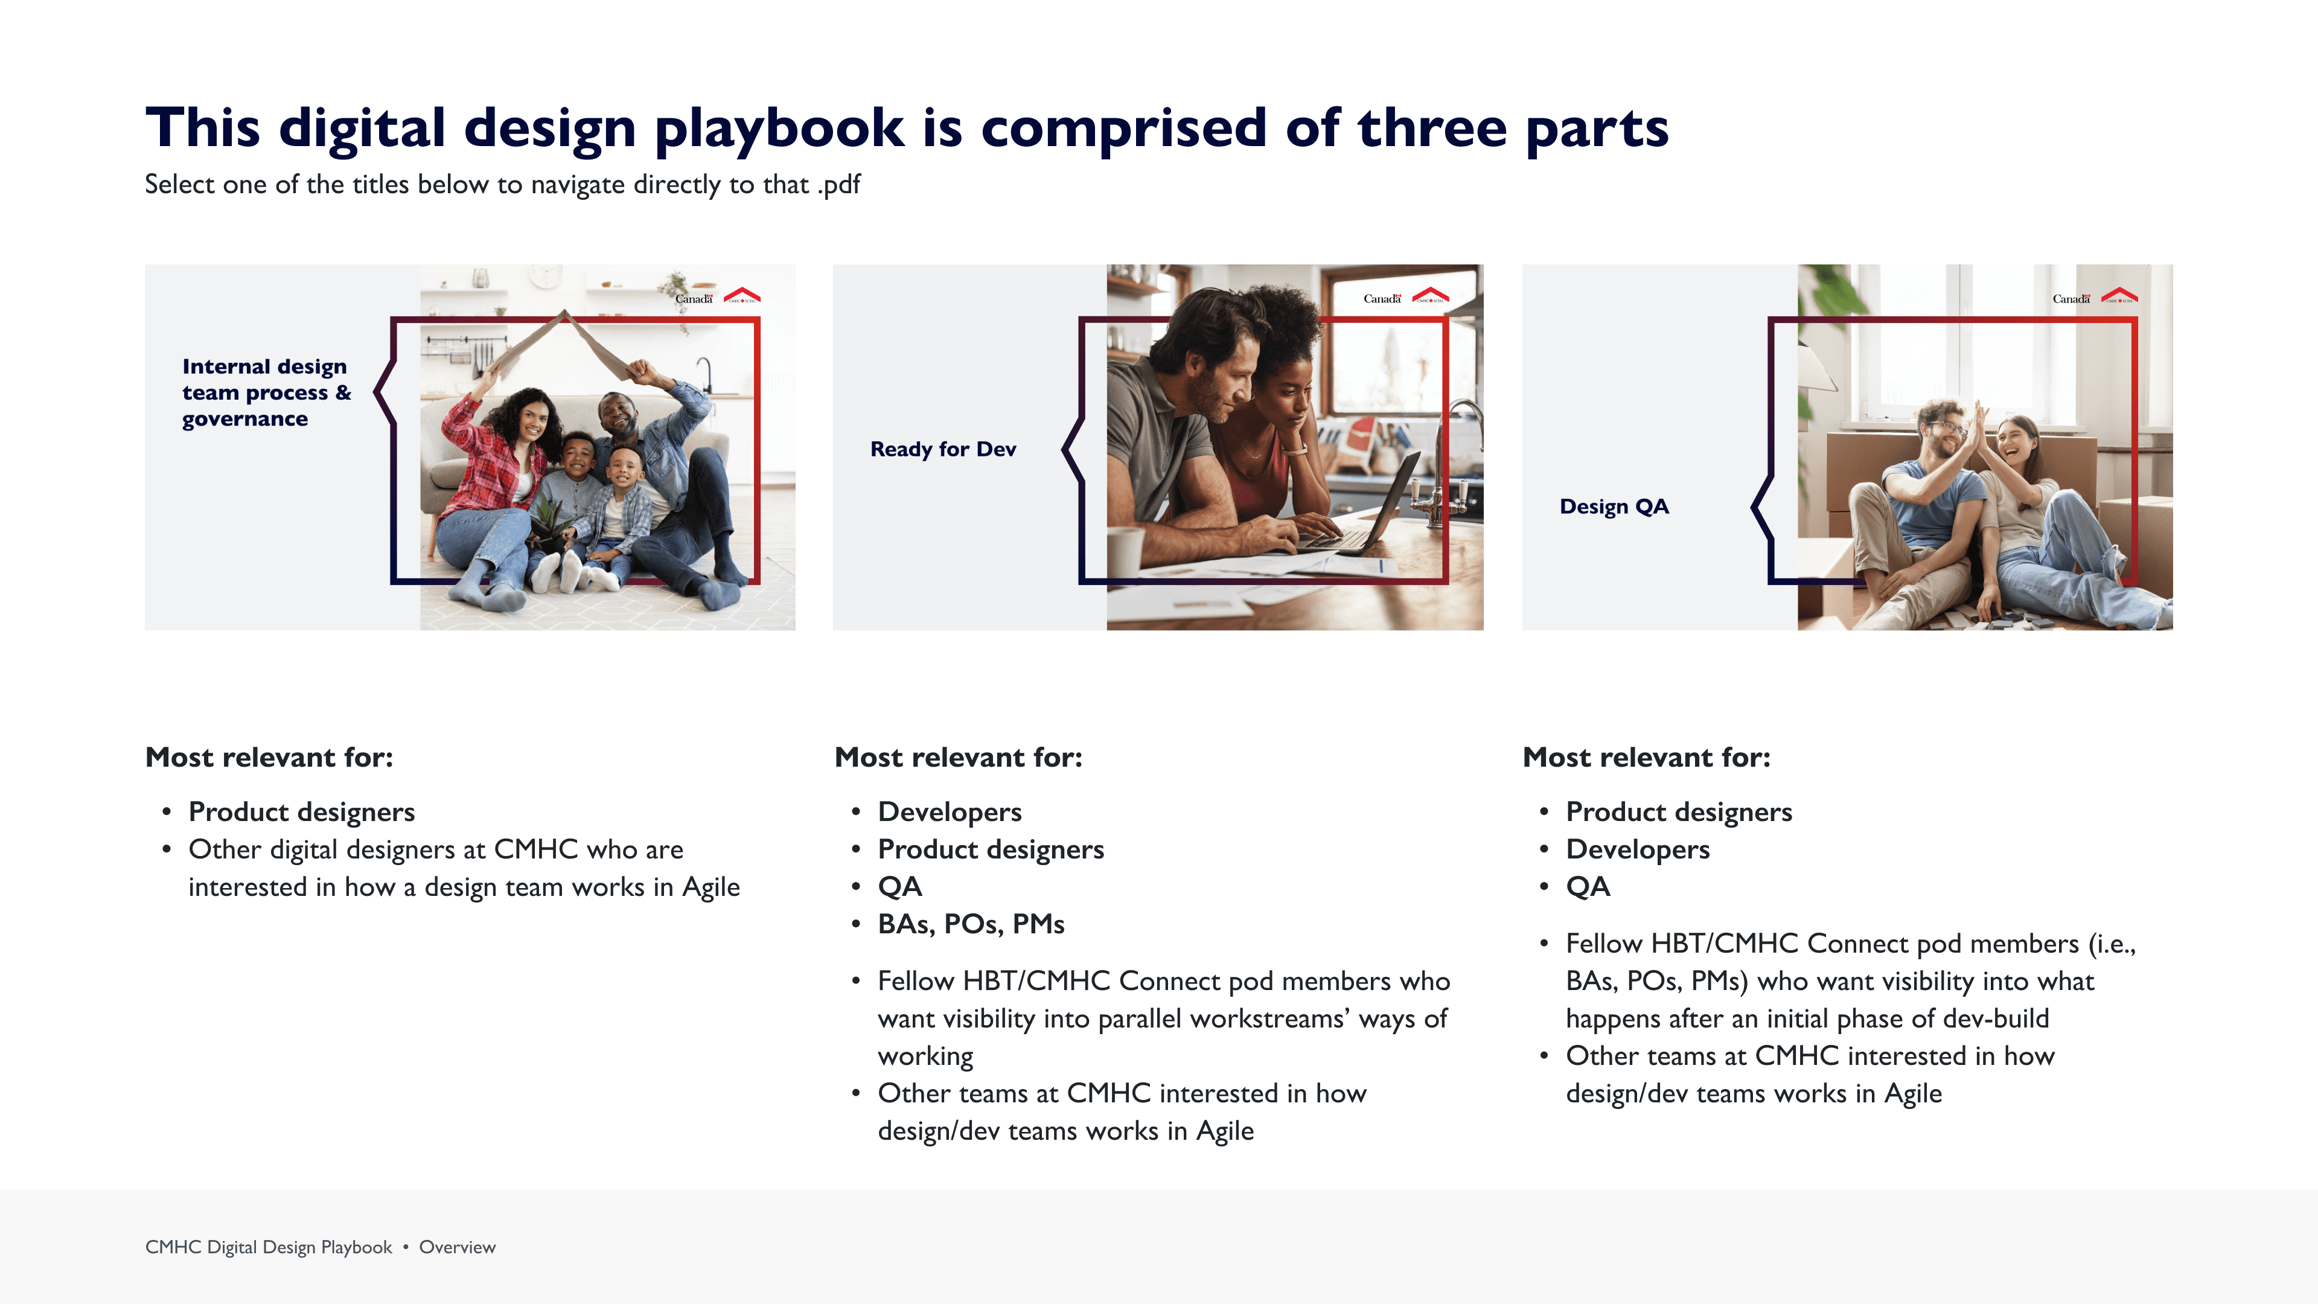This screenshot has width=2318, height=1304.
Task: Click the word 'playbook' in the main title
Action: click(x=778, y=129)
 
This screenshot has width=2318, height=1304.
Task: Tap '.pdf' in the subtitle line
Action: click(x=838, y=185)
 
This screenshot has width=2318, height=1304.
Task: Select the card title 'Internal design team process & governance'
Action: click(x=266, y=392)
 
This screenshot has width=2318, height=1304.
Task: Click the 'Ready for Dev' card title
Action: click(x=943, y=449)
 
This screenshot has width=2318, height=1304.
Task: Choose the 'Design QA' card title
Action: click(x=1614, y=507)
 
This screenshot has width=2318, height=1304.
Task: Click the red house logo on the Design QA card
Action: click(x=2119, y=295)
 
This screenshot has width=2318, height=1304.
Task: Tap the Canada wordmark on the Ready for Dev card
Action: click(x=1382, y=298)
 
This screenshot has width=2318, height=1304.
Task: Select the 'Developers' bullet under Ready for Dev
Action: click(x=950, y=812)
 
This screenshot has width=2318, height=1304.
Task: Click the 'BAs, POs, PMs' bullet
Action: click(x=971, y=924)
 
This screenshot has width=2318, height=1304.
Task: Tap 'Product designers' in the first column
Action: click(x=301, y=812)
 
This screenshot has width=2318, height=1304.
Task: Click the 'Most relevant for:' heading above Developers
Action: click(x=959, y=758)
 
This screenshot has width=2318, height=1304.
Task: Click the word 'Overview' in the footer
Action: click(x=457, y=1247)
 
